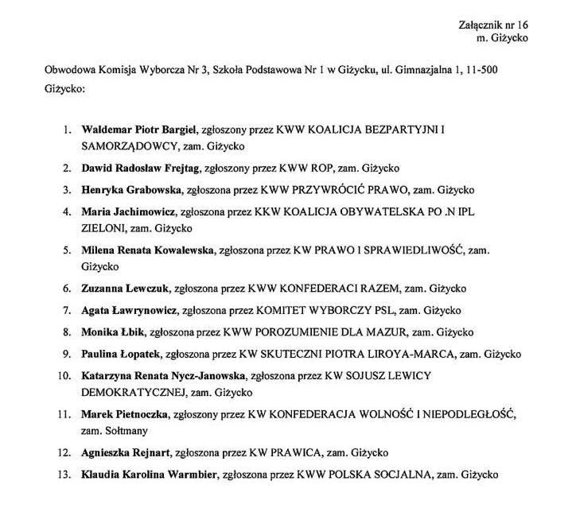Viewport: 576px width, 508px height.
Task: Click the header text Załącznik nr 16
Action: (494, 25)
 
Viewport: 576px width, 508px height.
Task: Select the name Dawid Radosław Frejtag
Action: (140, 168)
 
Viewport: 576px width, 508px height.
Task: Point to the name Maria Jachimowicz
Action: (128, 212)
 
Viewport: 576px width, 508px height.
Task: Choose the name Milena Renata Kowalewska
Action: (147, 250)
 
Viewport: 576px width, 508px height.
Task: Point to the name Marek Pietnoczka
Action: (125, 414)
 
